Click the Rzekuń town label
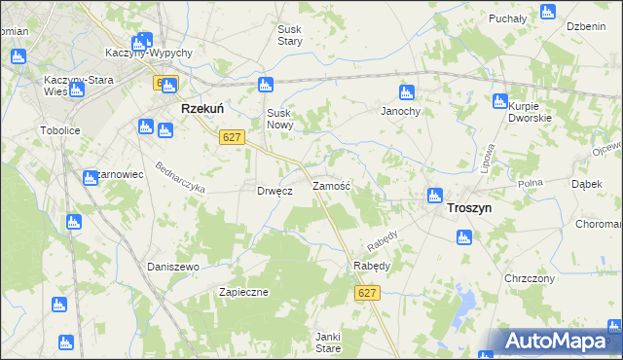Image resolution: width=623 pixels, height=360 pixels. (205, 111)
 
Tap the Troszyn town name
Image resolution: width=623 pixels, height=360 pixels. (469, 208)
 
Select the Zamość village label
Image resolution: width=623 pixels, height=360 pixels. (331, 185)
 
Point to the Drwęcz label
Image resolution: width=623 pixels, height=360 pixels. (275, 192)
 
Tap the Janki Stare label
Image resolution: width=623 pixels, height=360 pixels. (327, 341)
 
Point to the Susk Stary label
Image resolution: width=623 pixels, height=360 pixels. (289, 35)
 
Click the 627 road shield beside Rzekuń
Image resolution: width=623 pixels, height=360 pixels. (231, 138)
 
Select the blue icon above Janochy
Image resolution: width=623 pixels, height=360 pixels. (408, 93)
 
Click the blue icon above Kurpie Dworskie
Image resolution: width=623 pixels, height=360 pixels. (500, 101)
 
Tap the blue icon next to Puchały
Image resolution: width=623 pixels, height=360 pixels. (546, 13)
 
